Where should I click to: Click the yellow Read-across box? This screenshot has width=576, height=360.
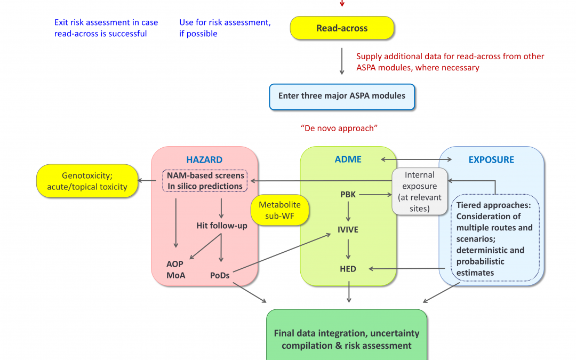[342, 28]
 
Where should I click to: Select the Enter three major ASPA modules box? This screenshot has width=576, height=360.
[342, 97]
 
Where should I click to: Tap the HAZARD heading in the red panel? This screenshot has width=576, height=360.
[204, 159]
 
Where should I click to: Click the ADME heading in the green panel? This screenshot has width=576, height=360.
[348, 159]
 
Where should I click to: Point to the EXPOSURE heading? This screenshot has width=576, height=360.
[491, 159]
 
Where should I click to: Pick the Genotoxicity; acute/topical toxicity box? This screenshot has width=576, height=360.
[87, 181]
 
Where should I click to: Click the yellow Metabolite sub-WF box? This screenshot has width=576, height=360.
[279, 210]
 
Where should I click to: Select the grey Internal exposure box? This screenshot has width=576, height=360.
[420, 191]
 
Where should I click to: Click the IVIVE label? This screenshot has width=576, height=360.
[348, 230]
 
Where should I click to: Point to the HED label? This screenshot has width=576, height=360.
[348, 269]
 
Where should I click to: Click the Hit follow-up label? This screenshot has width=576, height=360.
[222, 226]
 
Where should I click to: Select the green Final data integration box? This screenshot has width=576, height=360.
[347, 339]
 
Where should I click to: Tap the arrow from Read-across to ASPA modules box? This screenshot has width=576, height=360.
[342, 61]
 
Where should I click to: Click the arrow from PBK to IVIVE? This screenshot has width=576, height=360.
[348, 212]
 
